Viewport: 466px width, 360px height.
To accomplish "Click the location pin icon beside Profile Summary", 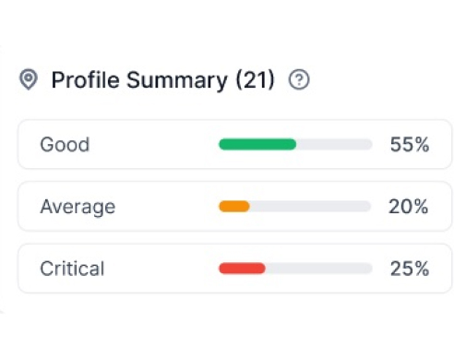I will tap(29, 80).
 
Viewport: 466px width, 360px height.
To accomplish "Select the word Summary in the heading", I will tap(175, 80).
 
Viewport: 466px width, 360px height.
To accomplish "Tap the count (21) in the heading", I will tap(255, 80).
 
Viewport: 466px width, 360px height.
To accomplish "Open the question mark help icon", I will tap(298, 80).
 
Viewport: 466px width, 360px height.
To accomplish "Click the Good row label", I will tap(65, 145).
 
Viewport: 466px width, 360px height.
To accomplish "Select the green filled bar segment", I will tap(257, 145).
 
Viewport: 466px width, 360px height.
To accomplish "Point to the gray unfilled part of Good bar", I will tap(334, 145).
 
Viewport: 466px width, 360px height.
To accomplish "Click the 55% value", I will tap(408, 145).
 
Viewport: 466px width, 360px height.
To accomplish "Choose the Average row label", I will tap(78, 207).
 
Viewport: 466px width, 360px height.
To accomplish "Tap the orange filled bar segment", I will tap(234, 207).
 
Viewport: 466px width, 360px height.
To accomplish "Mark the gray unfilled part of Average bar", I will tap(311, 207).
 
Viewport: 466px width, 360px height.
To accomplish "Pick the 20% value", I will tap(408, 207).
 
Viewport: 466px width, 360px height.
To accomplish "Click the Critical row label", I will tap(72, 270).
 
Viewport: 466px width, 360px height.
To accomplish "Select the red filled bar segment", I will tap(242, 269).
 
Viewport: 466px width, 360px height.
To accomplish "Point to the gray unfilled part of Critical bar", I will tap(318, 269).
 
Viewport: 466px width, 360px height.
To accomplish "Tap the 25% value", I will tap(408, 270).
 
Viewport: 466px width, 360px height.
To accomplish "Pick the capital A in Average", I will tap(46, 207).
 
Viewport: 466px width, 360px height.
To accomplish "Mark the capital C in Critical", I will tap(46, 270).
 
